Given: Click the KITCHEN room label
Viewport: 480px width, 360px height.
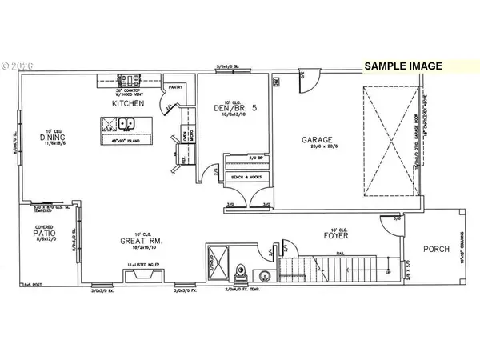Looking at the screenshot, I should [x=128, y=104].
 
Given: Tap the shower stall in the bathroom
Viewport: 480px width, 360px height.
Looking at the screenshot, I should [x=218, y=259].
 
